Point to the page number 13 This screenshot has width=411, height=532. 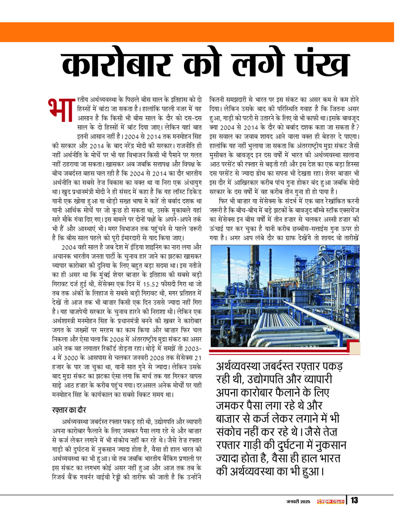(x=354, y=501)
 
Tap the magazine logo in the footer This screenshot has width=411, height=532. (x=331, y=501)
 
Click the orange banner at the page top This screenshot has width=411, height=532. (x=205, y=30)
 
